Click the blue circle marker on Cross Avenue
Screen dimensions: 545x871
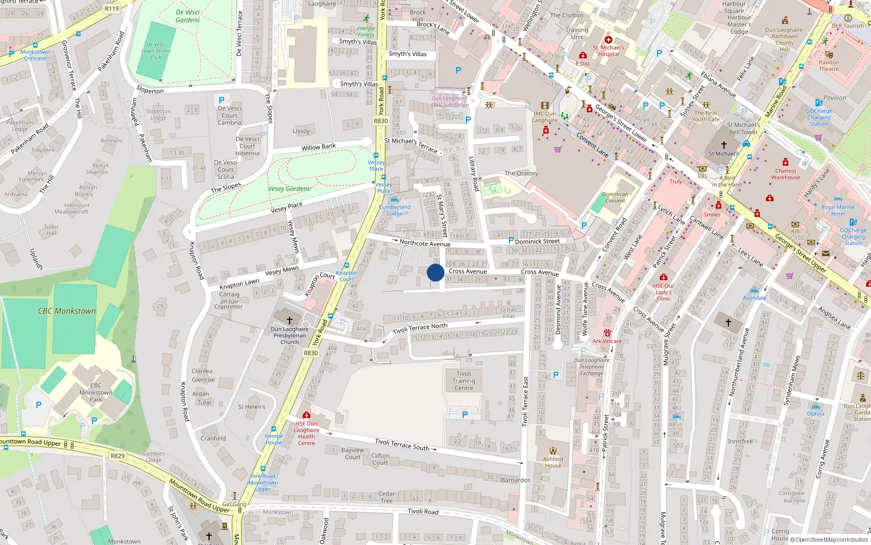tap(436, 272)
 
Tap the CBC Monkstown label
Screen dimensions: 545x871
tap(66, 311)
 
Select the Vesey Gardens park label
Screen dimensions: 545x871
tap(289, 189)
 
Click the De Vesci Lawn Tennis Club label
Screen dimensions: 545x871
tap(156, 51)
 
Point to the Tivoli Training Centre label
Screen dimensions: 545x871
tap(464, 381)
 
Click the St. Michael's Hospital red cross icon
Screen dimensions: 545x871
tap(609, 40)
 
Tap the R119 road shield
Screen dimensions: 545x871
tap(112, 8)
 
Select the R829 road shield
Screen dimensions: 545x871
tap(118, 456)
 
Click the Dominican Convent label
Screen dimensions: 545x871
tap(615, 197)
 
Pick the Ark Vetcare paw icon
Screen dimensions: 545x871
tap(607, 332)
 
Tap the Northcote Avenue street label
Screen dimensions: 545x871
tap(425, 243)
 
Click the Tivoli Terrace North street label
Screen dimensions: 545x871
tap(420, 328)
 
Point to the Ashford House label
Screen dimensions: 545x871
tap(553, 462)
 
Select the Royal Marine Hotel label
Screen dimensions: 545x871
tap(838, 210)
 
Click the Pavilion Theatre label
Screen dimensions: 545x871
tap(829, 65)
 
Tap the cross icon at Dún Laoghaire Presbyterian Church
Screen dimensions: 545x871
tap(290, 320)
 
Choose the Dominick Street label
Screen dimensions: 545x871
tap(537, 241)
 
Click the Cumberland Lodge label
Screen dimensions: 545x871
tap(395, 210)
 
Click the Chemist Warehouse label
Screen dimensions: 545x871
tap(786, 174)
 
